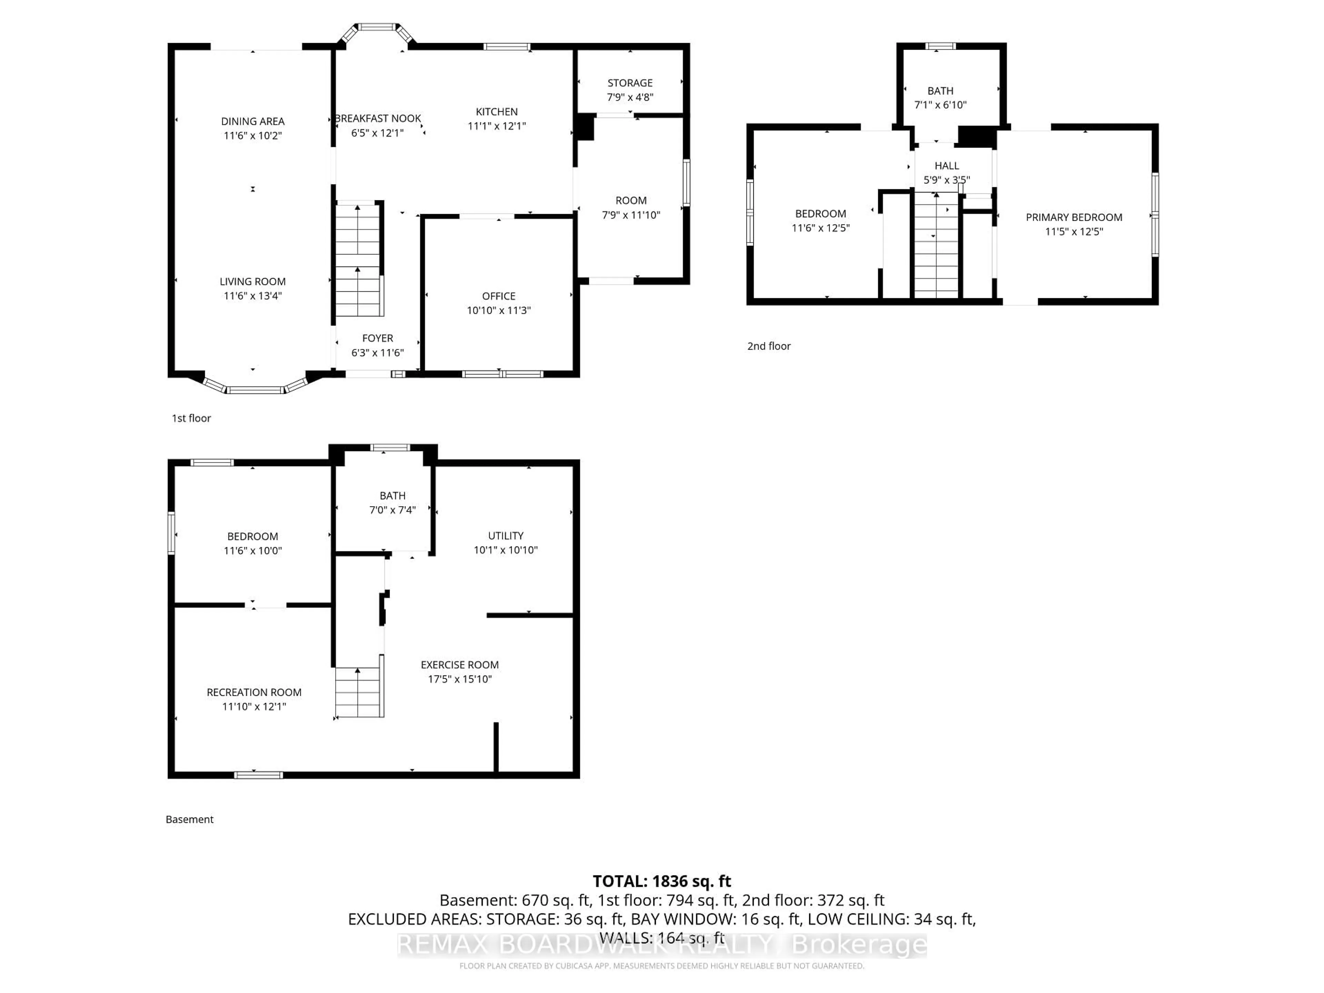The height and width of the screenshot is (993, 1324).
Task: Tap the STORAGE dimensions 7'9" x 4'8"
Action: (630, 97)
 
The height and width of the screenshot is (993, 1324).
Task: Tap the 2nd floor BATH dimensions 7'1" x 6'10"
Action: (940, 105)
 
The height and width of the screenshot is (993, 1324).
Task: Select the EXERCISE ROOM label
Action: (459, 664)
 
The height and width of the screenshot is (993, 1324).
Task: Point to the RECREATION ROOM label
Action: (254, 692)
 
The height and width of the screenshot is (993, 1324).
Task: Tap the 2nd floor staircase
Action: (936, 245)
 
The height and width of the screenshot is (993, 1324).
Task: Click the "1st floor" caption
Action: (191, 418)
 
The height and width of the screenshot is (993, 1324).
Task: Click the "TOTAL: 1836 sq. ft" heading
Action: (661, 881)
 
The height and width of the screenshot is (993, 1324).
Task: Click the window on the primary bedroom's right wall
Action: (1155, 214)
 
